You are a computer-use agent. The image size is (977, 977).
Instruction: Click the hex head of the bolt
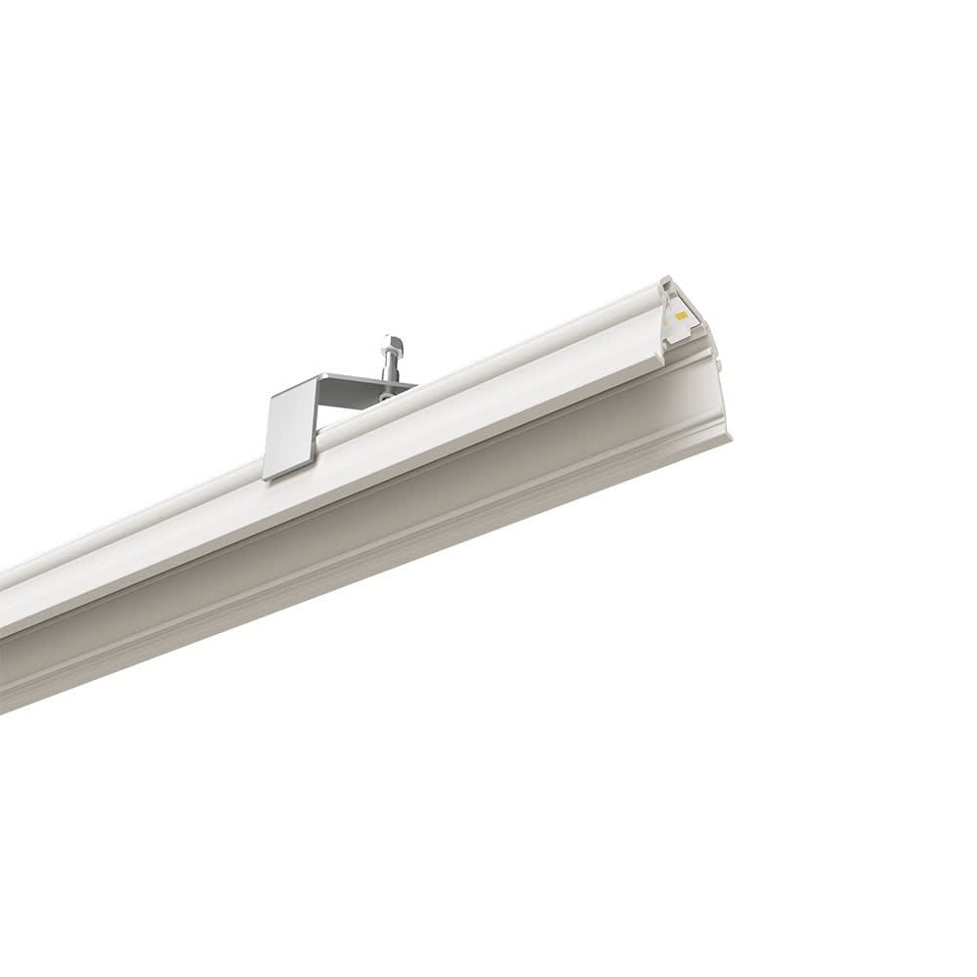[x=393, y=345]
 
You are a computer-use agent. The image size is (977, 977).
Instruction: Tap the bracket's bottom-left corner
[x=267, y=478]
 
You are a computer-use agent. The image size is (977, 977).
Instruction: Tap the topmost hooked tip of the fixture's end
[x=668, y=281]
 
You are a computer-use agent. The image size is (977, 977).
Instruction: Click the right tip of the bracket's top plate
[x=414, y=384]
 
